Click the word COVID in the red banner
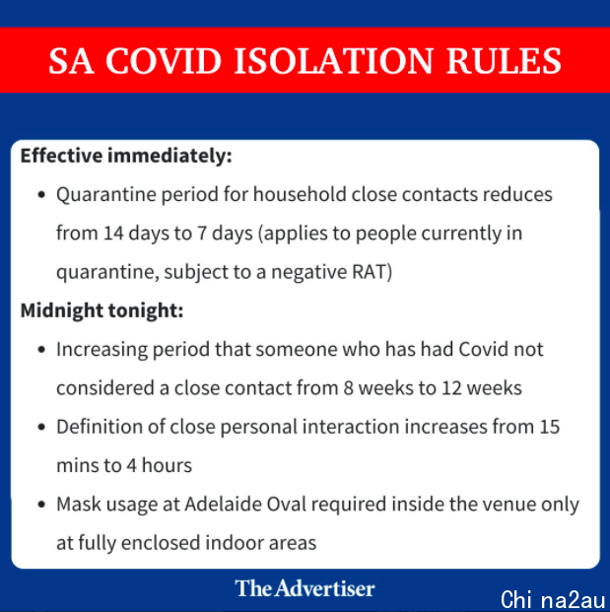164,61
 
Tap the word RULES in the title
504,61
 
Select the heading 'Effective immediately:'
126,156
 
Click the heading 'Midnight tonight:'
102,310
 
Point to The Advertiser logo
305,588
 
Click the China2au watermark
553,599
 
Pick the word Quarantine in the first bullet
106,194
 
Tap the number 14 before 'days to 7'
113,233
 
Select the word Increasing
102,349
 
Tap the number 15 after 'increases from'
550,427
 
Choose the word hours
167,465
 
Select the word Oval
286,504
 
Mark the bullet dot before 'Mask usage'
41,505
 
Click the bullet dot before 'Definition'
41,428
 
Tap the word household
300,194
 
